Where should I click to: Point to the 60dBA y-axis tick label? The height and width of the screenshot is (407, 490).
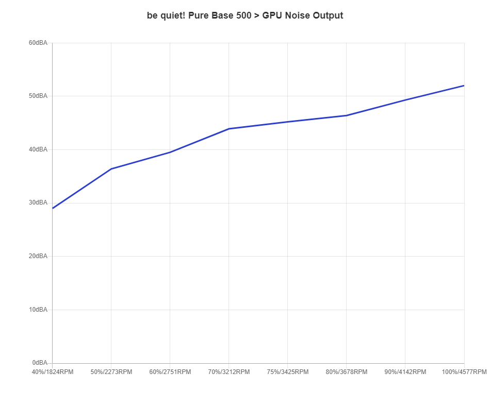[38, 43]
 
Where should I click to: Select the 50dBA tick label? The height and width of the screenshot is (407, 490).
[38, 96]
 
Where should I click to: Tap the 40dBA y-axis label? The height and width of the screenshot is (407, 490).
[38, 149]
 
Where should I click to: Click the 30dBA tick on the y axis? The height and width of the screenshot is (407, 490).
[38, 202]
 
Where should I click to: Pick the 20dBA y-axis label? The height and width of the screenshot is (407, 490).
[38, 256]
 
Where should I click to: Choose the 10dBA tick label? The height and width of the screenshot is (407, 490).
[38, 310]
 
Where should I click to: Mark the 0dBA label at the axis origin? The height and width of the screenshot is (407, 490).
[40, 363]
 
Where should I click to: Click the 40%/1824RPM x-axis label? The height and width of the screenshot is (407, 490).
[53, 372]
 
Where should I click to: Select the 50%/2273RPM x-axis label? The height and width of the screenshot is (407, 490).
[111, 372]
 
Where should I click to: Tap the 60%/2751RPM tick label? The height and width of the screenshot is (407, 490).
[170, 372]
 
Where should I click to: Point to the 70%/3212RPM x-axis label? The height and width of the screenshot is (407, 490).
[229, 372]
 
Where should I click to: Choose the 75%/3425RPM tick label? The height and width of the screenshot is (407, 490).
[288, 372]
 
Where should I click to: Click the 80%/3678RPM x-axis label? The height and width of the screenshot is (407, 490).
[347, 372]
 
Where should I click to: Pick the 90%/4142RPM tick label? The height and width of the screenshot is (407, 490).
[405, 372]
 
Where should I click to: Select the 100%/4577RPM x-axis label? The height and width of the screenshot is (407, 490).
[464, 372]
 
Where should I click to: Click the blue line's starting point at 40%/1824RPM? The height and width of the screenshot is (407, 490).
[53, 208]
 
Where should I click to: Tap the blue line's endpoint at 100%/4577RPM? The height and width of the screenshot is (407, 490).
[464, 86]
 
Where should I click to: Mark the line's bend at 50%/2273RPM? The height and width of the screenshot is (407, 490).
[111, 168]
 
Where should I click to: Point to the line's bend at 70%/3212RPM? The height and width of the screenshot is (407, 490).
[229, 128]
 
